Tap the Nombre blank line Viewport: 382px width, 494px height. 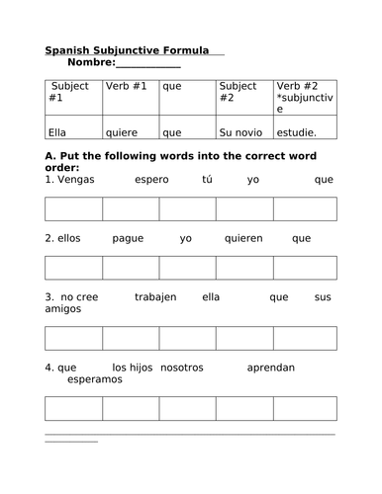pos(148,65)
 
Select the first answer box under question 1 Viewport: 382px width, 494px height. pos(73,207)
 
